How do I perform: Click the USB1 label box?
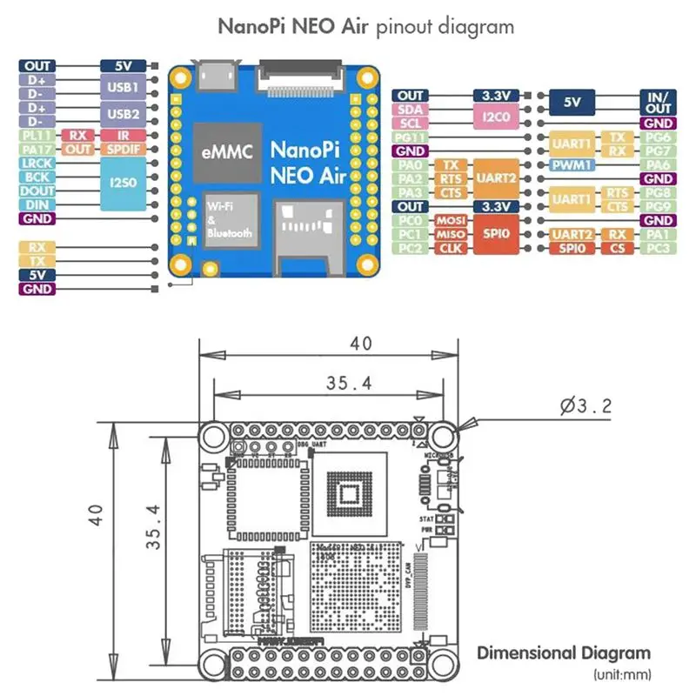point(123,87)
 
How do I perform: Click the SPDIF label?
point(123,150)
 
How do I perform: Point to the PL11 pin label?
point(37,135)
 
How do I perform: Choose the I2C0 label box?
point(497,116)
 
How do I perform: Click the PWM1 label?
point(572,164)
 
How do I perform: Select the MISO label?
point(451,235)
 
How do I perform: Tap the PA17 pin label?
point(37,150)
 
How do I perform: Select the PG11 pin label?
point(411,137)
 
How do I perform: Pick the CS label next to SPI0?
point(618,249)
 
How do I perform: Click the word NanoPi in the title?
point(251,26)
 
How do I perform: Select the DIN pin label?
point(37,204)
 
